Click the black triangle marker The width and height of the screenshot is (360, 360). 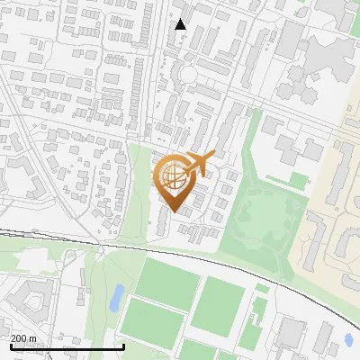click(181, 24)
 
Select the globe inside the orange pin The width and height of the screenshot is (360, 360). click(173, 175)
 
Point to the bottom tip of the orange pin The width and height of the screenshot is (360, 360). click(173, 212)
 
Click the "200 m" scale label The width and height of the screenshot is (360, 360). click(24, 338)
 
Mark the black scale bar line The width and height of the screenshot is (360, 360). click(67, 347)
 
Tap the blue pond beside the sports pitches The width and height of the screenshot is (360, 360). click(116, 297)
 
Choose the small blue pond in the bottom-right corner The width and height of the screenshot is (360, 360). click(348, 340)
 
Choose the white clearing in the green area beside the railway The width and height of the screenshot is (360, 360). click(36, 261)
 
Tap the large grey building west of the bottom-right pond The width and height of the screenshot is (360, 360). click(292, 333)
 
